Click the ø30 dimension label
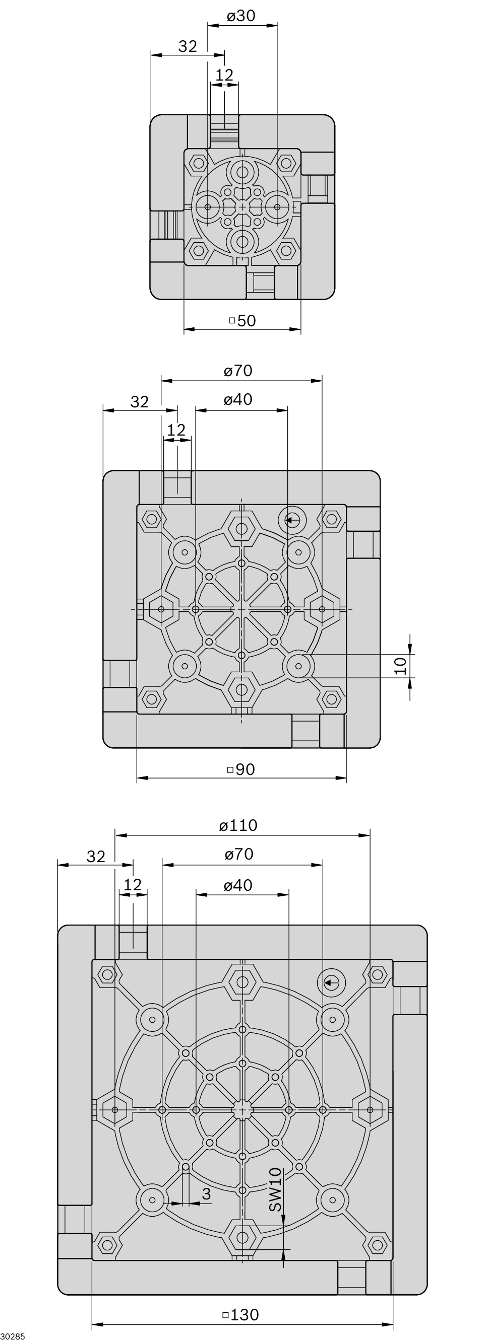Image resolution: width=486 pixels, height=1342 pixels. click(x=241, y=16)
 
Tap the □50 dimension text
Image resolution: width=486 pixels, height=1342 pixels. click(x=243, y=320)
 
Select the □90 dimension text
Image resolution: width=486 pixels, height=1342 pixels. click(x=241, y=769)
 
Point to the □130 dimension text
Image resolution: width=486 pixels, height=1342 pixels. click(x=241, y=1314)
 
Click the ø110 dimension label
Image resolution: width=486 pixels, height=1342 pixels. click(x=238, y=825)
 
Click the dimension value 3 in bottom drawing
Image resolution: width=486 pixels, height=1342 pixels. click(x=207, y=1193)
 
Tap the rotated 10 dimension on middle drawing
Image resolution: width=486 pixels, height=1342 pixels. click(x=400, y=666)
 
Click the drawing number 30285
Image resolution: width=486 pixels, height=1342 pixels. click(x=13, y=1337)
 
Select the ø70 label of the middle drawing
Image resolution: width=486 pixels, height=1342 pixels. click(x=238, y=371)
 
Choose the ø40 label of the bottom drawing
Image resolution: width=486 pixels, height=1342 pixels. click(x=238, y=886)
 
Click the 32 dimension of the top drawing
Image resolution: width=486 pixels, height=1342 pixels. click(x=188, y=47)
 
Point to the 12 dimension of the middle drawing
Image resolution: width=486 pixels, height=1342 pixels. click(x=176, y=431)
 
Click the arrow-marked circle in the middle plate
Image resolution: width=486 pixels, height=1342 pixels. click(x=291, y=519)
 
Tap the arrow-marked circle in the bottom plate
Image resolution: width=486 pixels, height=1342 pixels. click(x=331, y=983)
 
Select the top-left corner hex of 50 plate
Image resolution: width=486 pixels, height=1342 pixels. click(x=198, y=163)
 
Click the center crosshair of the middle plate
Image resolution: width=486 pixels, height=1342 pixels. click(x=241, y=609)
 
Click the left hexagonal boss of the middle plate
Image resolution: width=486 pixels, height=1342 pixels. click(x=161, y=609)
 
